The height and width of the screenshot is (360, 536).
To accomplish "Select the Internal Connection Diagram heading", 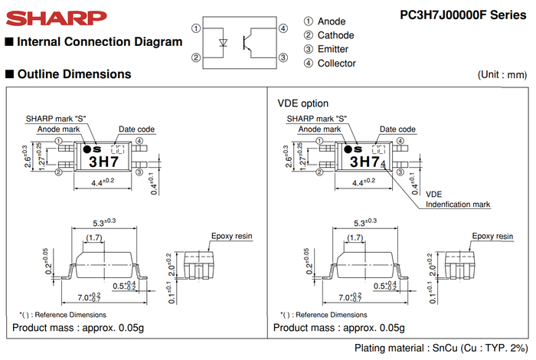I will tap(99, 41).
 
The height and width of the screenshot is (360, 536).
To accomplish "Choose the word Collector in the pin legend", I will tap(337, 64).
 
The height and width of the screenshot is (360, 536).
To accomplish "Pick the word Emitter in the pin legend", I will tap(334, 49).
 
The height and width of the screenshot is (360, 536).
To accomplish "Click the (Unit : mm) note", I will tap(503, 74).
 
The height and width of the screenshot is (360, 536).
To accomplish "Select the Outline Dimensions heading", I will tap(74, 74).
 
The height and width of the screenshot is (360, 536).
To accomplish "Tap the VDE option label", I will tap(302, 103).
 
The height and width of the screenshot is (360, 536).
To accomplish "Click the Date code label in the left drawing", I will tap(136, 129).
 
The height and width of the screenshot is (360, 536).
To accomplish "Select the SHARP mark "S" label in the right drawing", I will tap(317, 119).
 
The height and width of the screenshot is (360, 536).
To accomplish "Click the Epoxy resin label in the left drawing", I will tap(230, 236).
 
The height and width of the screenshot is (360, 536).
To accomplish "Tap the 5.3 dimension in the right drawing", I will tap(364, 221).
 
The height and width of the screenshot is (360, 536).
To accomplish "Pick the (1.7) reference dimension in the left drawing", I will tap(95, 238).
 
